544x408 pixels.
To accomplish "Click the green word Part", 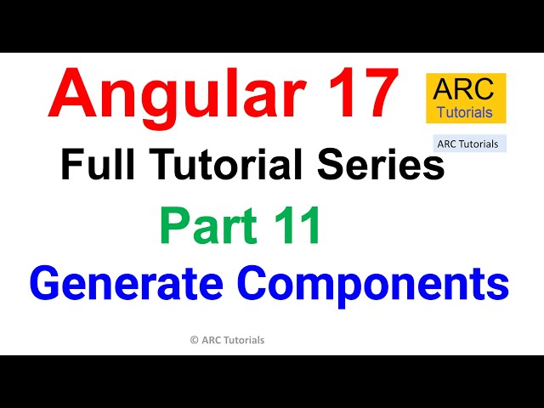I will pyautogui.click(x=205, y=227).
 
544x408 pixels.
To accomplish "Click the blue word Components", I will pyautogui.click(x=374, y=283).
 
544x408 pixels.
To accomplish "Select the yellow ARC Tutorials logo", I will pyautogui.click(x=466, y=98).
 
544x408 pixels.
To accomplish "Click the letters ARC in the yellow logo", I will pyautogui.click(x=466, y=90).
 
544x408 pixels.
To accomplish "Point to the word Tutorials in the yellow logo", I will pyautogui.click(x=466, y=111).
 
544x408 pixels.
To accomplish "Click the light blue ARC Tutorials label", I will pyautogui.click(x=468, y=144).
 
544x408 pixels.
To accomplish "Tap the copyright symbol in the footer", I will pyautogui.click(x=195, y=340).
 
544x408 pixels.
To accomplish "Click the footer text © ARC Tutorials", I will pyautogui.click(x=227, y=340).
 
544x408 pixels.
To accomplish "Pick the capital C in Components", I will pyautogui.click(x=256, y=283).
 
